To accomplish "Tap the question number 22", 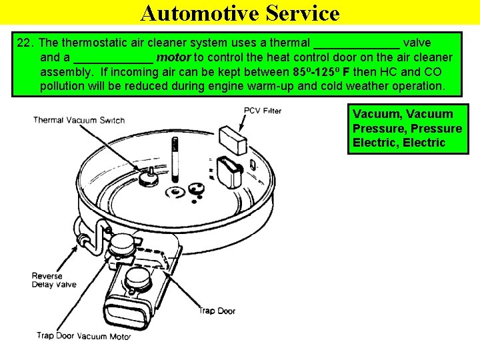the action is [25, 43].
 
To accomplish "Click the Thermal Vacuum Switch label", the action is [79, 120].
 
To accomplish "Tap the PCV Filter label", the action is [262, 111].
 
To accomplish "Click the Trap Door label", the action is [217, 311].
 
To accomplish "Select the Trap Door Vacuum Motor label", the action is [84, 336].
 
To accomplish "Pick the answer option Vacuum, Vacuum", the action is [402, 114].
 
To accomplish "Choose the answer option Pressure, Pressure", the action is [407, 128].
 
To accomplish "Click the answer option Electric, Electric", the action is [399, 143].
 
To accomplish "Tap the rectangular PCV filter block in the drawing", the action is [233, 141].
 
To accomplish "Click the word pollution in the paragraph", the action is [63, 87].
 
